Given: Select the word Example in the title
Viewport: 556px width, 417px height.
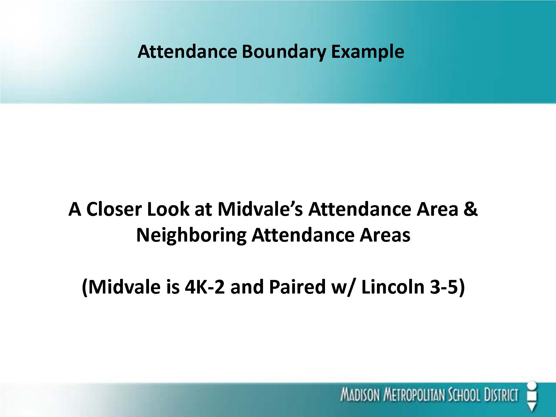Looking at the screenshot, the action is pyautogui.click(x=368, y=52).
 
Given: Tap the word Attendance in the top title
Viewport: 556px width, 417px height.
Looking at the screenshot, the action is pyautogui.click(x=187, y=52).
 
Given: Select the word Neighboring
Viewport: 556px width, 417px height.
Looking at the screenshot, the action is pyautogui.click(x=191, y=235).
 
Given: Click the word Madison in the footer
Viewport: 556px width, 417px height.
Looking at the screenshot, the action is pyautogui.click(x=360, y=395).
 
